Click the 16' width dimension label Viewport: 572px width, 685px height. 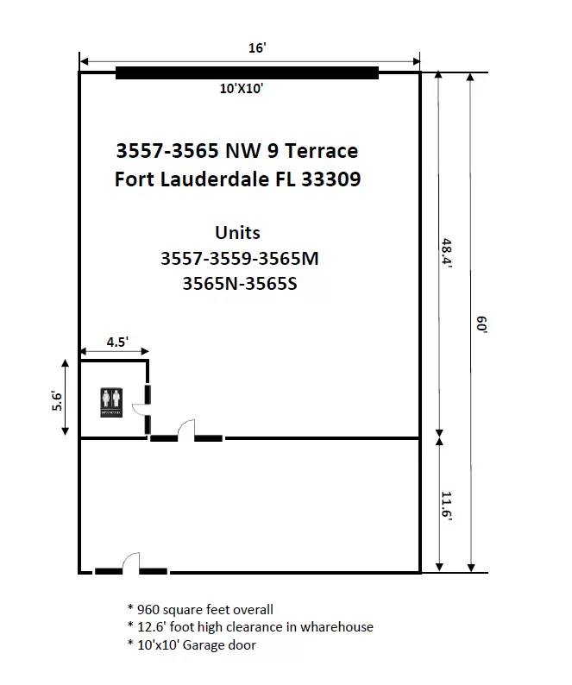[x=257, y=47]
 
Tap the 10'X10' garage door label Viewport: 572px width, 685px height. [x=242, y=89]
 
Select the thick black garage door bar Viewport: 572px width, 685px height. [x=247, y=73]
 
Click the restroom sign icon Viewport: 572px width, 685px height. [x=111, y=402]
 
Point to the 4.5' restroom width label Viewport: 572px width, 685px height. [x=117, y=342]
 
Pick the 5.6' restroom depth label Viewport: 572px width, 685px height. [x=57, y=400]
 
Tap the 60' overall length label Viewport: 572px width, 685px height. [x=481, y=324]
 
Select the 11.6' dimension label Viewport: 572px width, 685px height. [x=447, y=506]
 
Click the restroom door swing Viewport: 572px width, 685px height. [x=141, y=409]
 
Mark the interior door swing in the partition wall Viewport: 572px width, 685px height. [x=186, y=430]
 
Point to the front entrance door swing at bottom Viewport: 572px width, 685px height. [x=131, y=563]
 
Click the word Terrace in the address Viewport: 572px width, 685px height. [x=322, y=151]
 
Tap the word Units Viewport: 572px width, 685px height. [x=238, y=232]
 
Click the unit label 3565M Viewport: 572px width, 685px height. [x=288, y=258]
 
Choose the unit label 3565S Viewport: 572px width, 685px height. [x=271, y=284]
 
